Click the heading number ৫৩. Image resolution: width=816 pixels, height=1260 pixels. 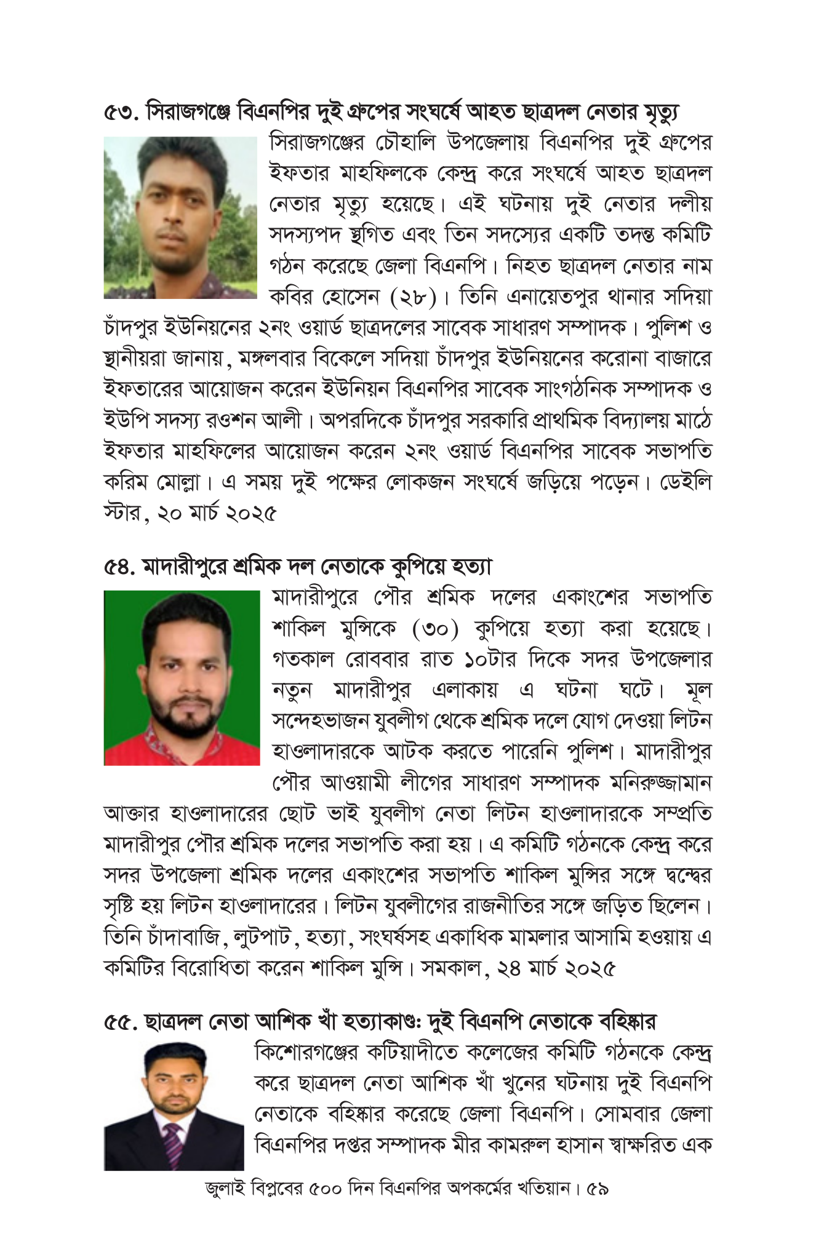122,113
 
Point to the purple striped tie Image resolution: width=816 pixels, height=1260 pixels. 174,1144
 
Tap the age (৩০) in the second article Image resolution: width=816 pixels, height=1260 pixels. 436,629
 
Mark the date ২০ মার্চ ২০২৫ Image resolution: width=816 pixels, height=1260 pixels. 217,513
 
